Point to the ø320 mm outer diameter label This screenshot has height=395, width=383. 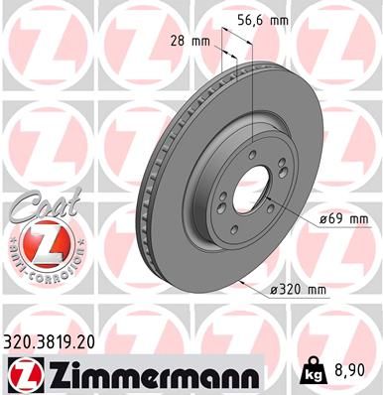[298, 289]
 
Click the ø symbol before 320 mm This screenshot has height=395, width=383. [274, 289]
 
